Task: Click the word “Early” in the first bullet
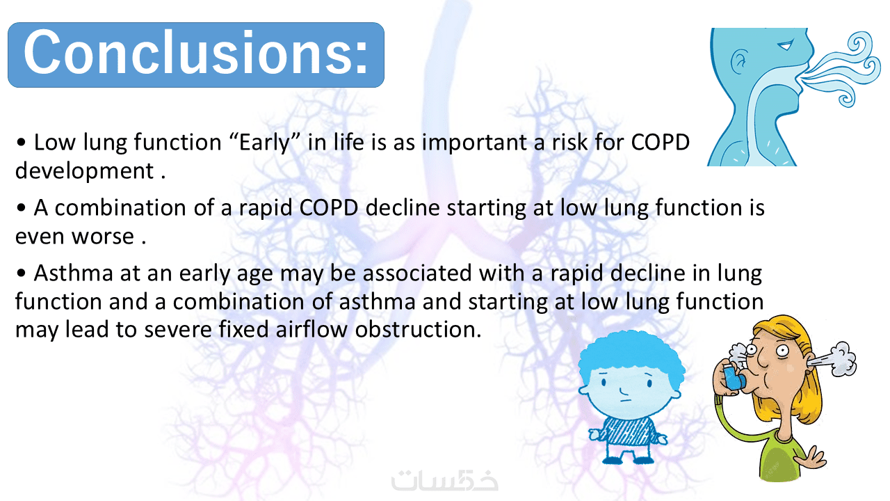tap(265, 143)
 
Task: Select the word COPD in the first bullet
tap(660, 142)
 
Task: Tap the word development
tap(84, 172)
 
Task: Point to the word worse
tap(103, 237)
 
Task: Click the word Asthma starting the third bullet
tap(74, 273)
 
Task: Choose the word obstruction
tap(418, 329)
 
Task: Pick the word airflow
tap(311, 329)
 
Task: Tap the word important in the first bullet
tap(474, 143)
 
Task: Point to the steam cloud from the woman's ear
tap(834, 358)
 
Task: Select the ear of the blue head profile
tap(739, 62)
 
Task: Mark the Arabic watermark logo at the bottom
tap(444, 480)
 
